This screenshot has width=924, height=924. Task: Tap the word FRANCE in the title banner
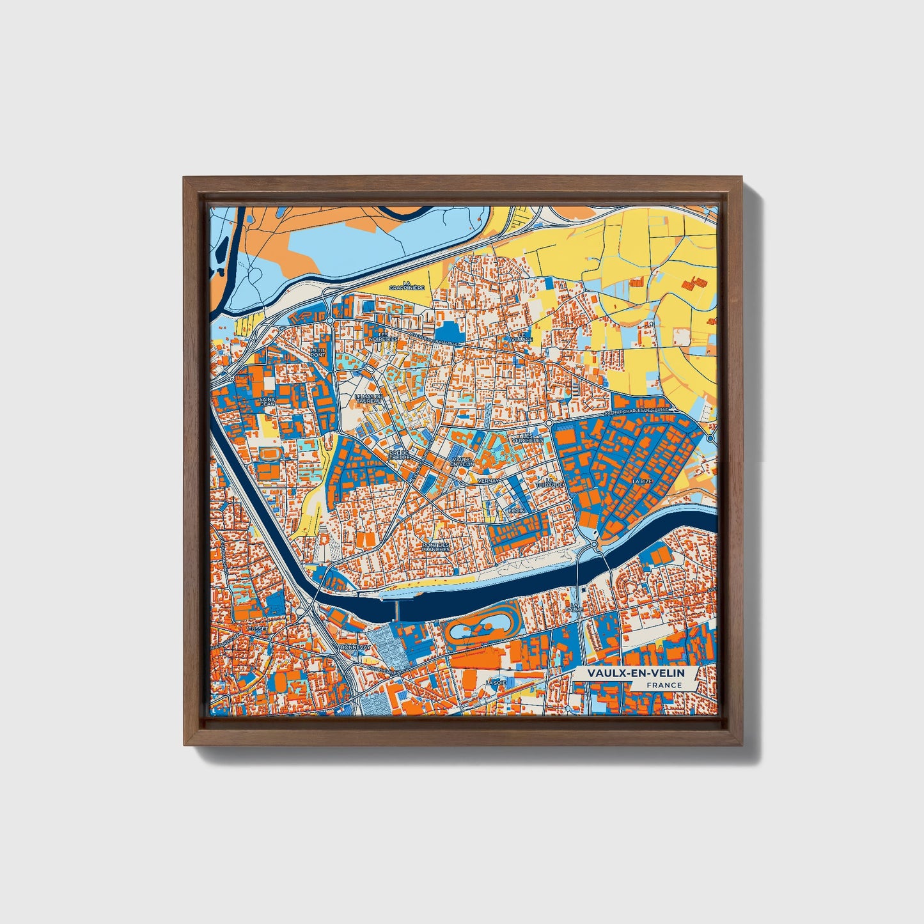664,685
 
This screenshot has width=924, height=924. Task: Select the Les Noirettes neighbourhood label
383,336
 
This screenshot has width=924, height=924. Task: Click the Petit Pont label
317,352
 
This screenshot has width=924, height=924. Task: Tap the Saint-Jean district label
267,402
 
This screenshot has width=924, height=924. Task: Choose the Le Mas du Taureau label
368,399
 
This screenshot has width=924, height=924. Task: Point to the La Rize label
641,481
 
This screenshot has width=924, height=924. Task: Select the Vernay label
487,480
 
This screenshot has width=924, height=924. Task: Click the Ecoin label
516,511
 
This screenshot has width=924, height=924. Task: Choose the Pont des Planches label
435,547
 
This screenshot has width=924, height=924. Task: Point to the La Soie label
492,683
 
